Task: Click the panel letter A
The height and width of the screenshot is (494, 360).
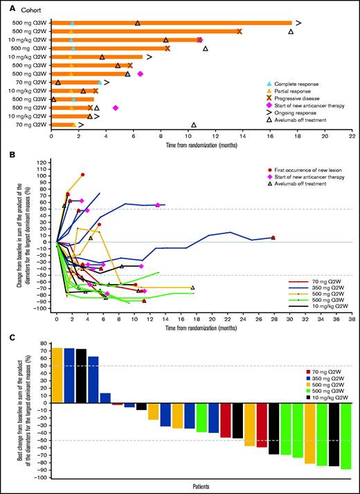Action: (6, 6)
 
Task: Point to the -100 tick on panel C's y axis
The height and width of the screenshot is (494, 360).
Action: (45, 477)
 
